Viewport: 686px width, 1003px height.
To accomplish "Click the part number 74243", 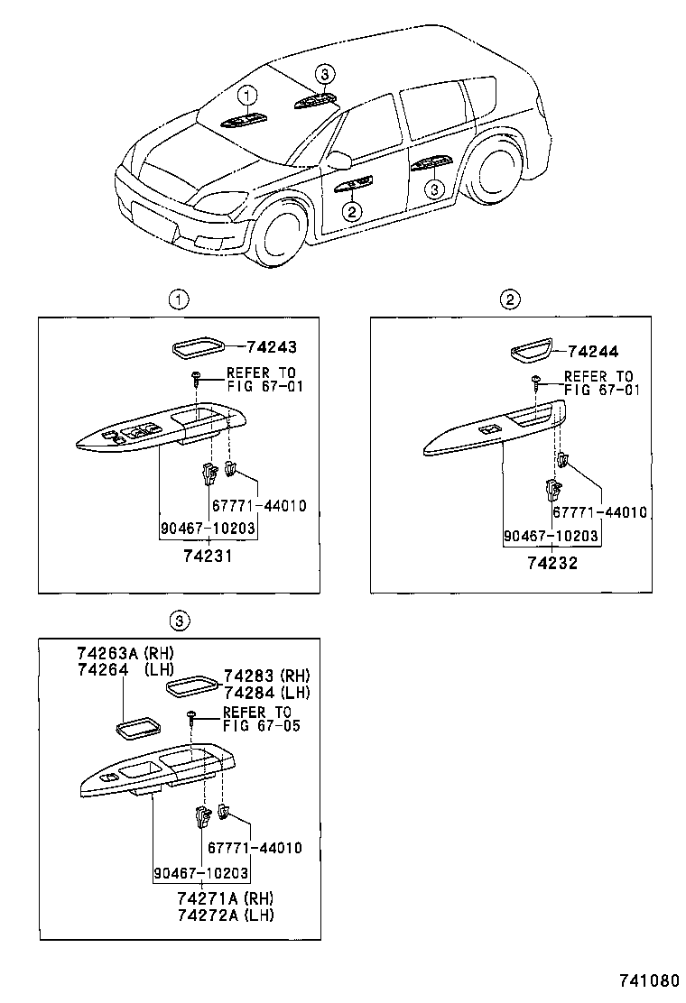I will [x=273, y=346].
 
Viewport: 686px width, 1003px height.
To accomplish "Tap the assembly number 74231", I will [x=209, y=557].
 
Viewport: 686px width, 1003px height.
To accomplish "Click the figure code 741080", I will [x=646, y=980].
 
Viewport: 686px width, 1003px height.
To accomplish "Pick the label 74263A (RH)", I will [x=124, y=654].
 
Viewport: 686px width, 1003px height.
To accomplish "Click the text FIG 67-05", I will [x=262, y=725].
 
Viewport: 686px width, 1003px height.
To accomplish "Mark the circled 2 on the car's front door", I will [x=351, y=211].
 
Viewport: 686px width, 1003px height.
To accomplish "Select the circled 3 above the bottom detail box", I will [x=180, y=620].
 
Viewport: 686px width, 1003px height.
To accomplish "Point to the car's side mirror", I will [x=338, y=161].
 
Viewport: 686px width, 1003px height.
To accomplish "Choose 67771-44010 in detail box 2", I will [x=599, y=511].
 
